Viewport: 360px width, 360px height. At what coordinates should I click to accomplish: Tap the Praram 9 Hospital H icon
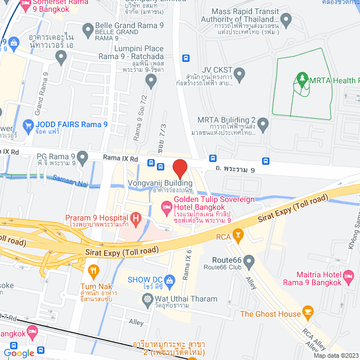135,217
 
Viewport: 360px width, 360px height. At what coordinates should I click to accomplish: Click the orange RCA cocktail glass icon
238,234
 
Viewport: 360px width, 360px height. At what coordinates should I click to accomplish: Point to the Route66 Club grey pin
249,260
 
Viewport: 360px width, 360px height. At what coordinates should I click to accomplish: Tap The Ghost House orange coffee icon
307,311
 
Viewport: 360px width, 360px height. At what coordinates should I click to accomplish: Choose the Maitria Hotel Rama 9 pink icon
349,277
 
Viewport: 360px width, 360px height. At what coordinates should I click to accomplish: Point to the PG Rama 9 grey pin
83,156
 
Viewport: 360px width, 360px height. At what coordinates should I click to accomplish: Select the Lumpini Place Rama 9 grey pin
150,82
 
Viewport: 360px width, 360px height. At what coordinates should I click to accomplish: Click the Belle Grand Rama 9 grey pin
87,29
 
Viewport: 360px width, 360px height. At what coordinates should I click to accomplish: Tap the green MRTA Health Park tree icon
303,80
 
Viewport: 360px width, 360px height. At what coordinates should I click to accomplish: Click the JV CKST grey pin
240,73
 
